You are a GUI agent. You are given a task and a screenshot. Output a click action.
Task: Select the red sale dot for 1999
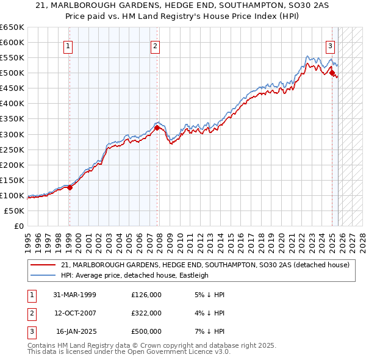(x=70, y=187)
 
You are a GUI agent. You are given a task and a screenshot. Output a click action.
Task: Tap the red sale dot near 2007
(x=157, y=128)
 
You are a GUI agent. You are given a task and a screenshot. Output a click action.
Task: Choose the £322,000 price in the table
(x=146, y=313)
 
